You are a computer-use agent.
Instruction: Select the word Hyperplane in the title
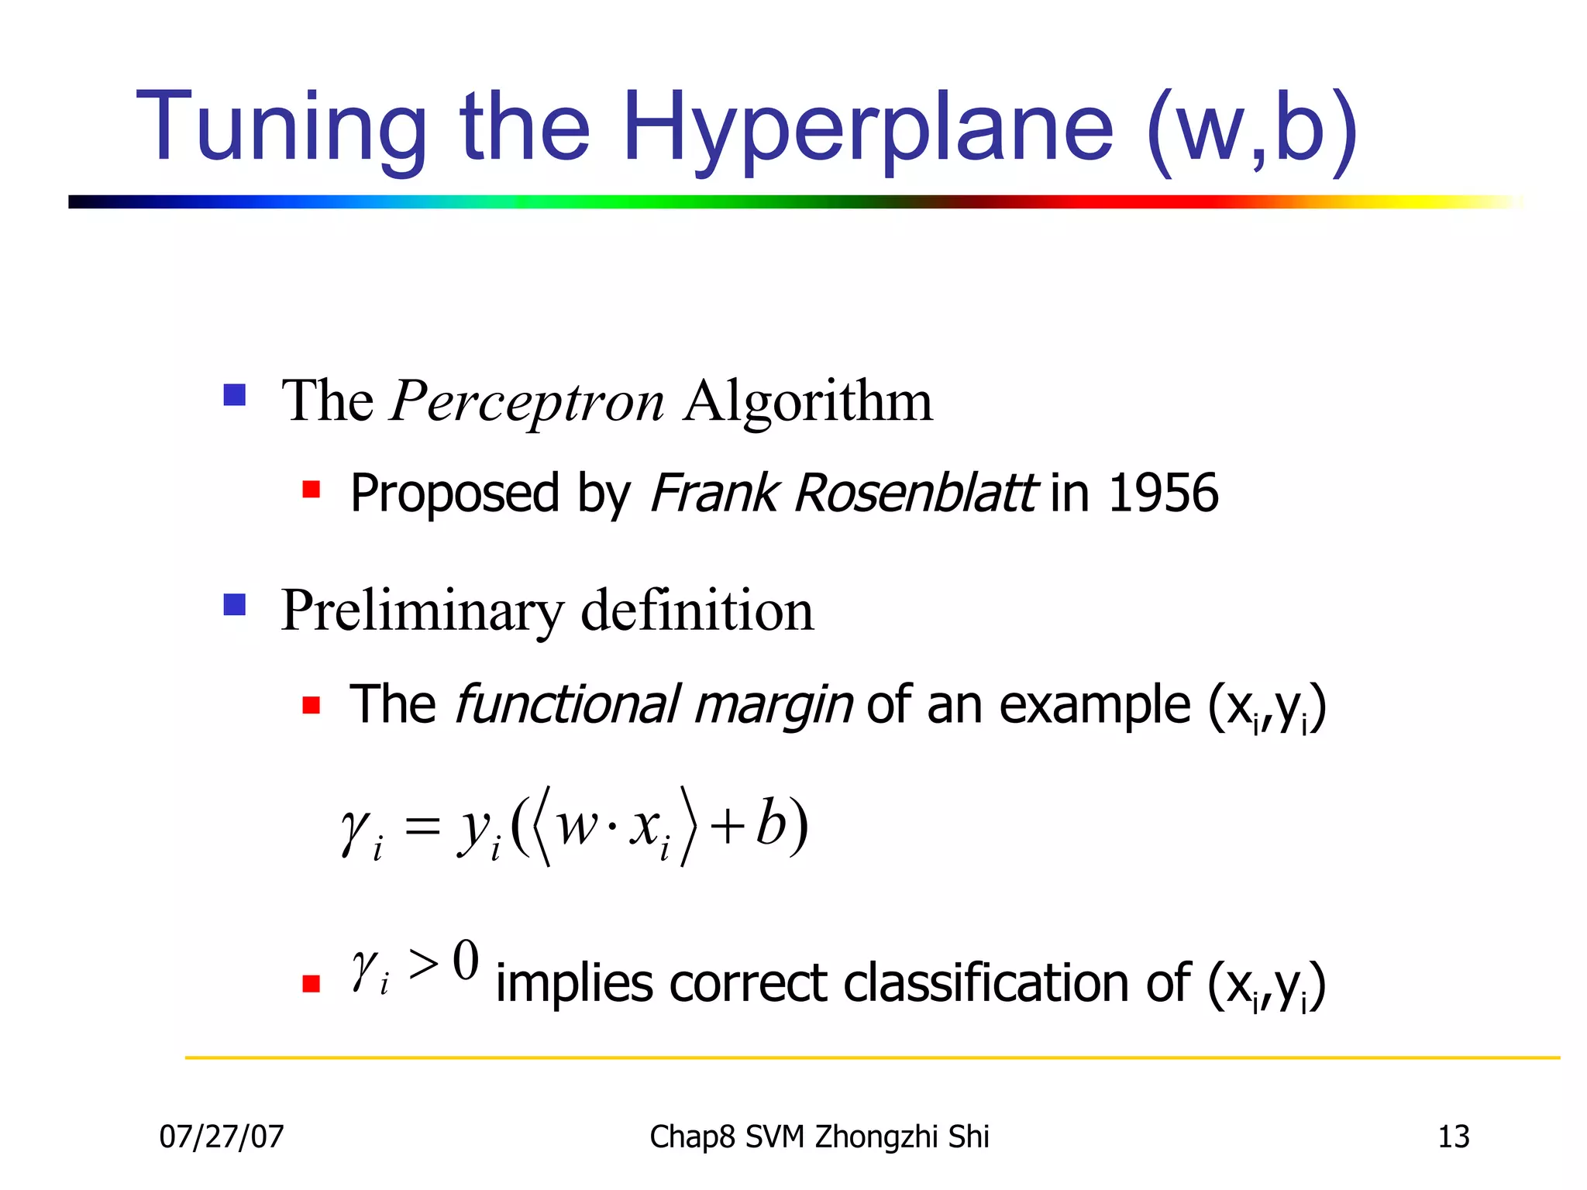pyautogui.click(x=867, y=128)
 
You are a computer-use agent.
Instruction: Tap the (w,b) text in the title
pyautogui.click(x=1251, y=128)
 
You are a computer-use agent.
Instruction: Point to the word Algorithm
pyautogui.click(x=808, y=401)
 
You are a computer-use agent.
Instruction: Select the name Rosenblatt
pyautogui.click(x=915, y=493)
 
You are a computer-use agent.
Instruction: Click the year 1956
pyautogui.click(x=1163, y=493)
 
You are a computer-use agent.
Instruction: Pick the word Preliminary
pyautogui.click(x=422, y=612)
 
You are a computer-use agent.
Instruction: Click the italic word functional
pyautogui.click(x=567, y=705)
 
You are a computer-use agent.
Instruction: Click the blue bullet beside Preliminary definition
pyautogui.click(x=234, y=604)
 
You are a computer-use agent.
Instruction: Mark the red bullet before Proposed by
pyautogui.click(x=312, y=490)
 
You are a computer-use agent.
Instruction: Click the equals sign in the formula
pyautogui.click(x=422, y=826)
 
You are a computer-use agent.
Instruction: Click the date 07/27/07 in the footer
pyautogui.click(x=222, y=1137)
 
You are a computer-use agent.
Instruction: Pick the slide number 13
pyautogui.click(x=1453, y=1137)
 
